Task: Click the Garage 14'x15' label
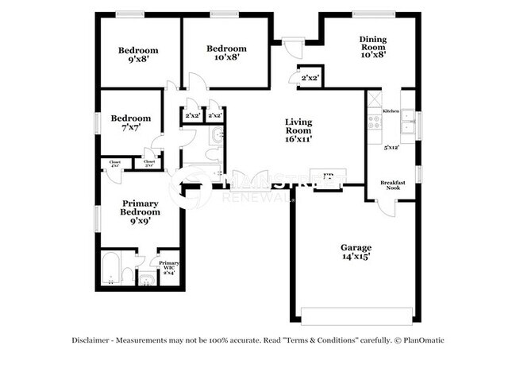(x=356, y=253)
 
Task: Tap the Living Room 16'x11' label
(x=298, y=130)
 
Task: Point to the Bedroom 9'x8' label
(x=138, y=54)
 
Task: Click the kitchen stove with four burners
(x=373, y=123)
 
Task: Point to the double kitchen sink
(x=408, y=122)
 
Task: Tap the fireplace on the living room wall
(x=327, y=178)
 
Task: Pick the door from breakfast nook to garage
(x=386, y=206)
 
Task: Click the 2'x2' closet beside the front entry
(x=309, y=77)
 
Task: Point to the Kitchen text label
(x=391, y=111)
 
